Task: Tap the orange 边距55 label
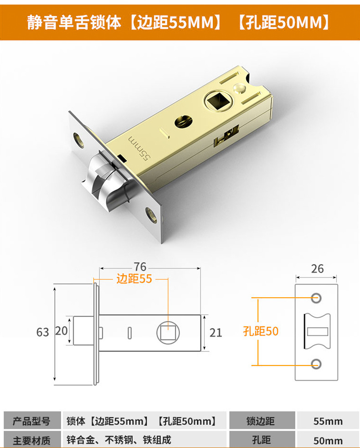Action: pyautogui.click(x=134, y=279)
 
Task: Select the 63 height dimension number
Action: pyautogui.click(x=42, y=332)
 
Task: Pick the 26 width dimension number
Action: pyautogui.click(x=317, y=269)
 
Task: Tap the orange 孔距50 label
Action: pyautogui.click(x=261, y=331)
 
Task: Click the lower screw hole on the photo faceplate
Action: pyautogui.click(x=152, y=213)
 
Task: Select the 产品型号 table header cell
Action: pyautogui.click(x=31, y=421)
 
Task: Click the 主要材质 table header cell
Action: pyautogui.click(x=31, y=440)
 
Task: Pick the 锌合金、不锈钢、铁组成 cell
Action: pyautogui.click(x=119, y=440)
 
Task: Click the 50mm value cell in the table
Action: pyautogui.click(x=328, y=440)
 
